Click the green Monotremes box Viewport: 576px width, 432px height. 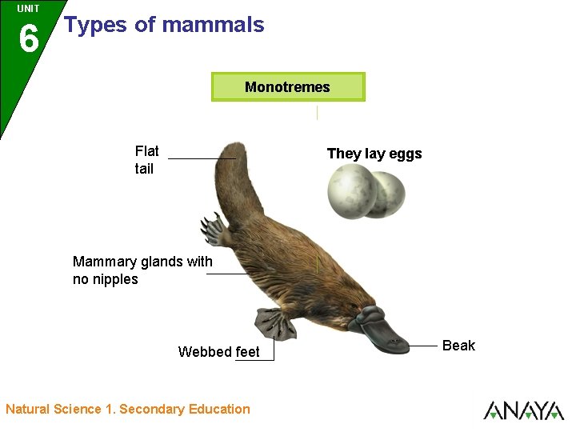[288, 87]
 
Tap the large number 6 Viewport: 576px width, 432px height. [28, 38]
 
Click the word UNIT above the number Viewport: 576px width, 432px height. [28, 9]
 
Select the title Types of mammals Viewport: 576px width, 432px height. [164, 25]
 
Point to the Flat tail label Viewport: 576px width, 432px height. [146, 159]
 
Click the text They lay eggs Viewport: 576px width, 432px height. [374, 154]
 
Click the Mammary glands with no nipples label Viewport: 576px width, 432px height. [142, 270]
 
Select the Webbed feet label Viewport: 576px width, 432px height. [218, 352]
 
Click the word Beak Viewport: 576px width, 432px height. [458, 346]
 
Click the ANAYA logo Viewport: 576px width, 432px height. [523, 410]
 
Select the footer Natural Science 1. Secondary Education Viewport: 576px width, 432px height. [128, 410]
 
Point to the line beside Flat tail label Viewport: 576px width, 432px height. [200, 159]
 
